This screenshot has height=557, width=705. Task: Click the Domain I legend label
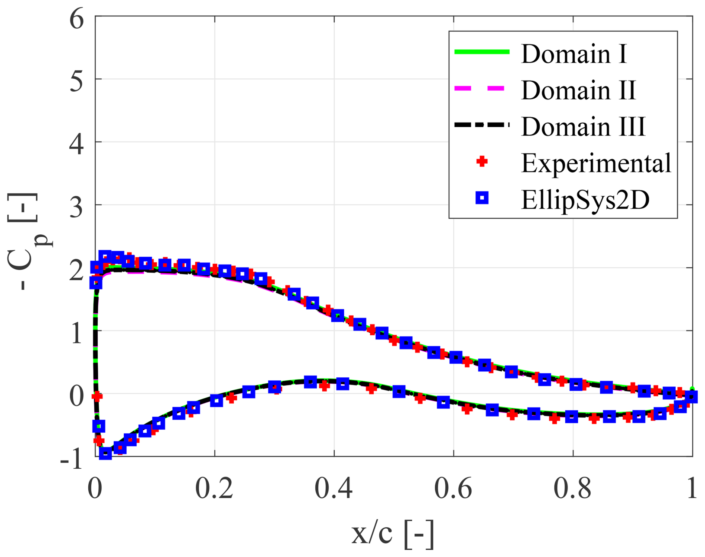pyautogui.click(x=574, y=54)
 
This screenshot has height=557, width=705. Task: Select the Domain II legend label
pyautogui.click(x=578, y=90)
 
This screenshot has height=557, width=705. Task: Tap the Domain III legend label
pyautogui.click(x=583, y=127)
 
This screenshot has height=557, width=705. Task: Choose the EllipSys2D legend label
pyautogui.click(x=585, y=200)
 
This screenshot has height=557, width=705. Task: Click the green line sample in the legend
pyautogui.click(x=482, y=52)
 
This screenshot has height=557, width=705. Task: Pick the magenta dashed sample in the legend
pyautogui.click(x=482, y=88)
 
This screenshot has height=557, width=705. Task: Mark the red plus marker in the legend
pyautogui.click(x=482, y=161)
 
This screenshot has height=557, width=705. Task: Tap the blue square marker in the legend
pyautogui.click(x=482, y=198)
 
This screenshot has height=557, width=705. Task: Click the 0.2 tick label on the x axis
pyautogui.click(x=214, y=489)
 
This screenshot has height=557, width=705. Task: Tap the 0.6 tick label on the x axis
pyautogui.click(x=453, y=489)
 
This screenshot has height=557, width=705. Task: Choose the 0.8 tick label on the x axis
pyautogui.click(x=572, y=489)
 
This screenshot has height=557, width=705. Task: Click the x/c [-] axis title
pyautogui.click(x=393, y=534)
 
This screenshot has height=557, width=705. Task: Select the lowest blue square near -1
pyautogui.click(x=105, y=453)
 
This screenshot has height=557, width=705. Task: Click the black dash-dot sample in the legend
pyautogui.click(x=482, y=125)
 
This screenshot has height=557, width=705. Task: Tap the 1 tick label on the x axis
pyautogui.click(x=692, y=489)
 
